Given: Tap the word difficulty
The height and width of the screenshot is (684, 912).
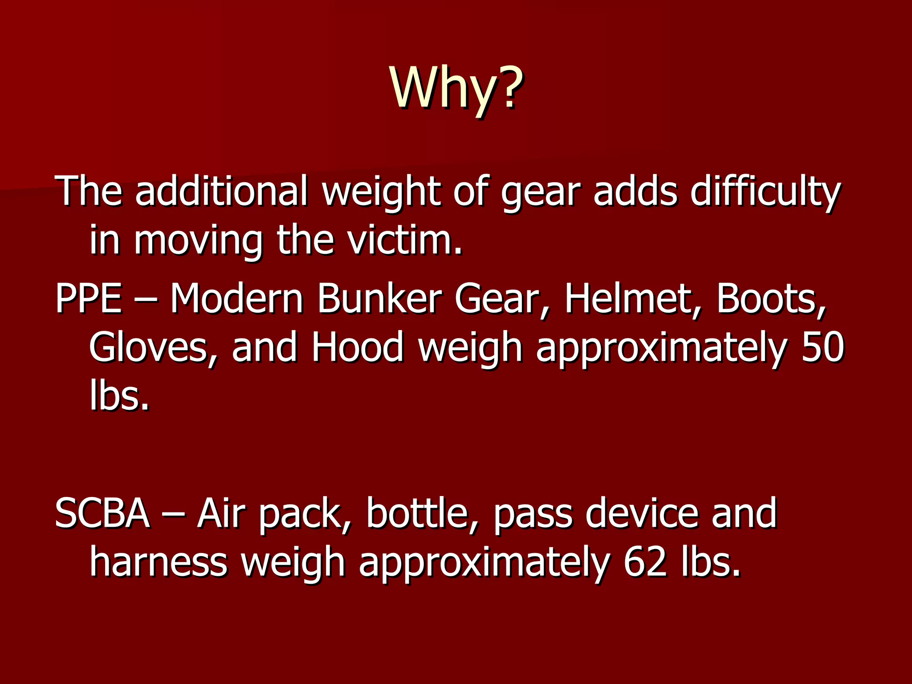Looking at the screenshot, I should pyautogui.click(x=765, y=192).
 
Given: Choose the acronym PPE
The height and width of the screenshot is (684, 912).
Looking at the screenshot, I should pyautogui.click(x=89, y=299).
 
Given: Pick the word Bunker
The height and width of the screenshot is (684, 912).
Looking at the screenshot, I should pyautogui.click(x=379, y=299).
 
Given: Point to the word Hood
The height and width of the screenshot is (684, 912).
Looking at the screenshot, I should pyautogui.click(x=357, y=347).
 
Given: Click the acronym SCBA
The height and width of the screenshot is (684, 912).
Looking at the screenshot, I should pyautogui.click(x=102, y=513).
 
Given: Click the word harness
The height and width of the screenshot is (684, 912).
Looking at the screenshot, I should pyautogui.click(x=159, y=562).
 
